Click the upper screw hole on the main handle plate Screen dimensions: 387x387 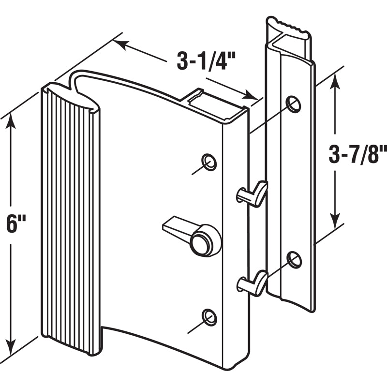(209, 162)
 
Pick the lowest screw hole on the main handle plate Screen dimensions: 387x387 (209, 317)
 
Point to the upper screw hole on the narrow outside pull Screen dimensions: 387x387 (293, 104)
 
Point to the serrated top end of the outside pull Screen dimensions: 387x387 (288, 25)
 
